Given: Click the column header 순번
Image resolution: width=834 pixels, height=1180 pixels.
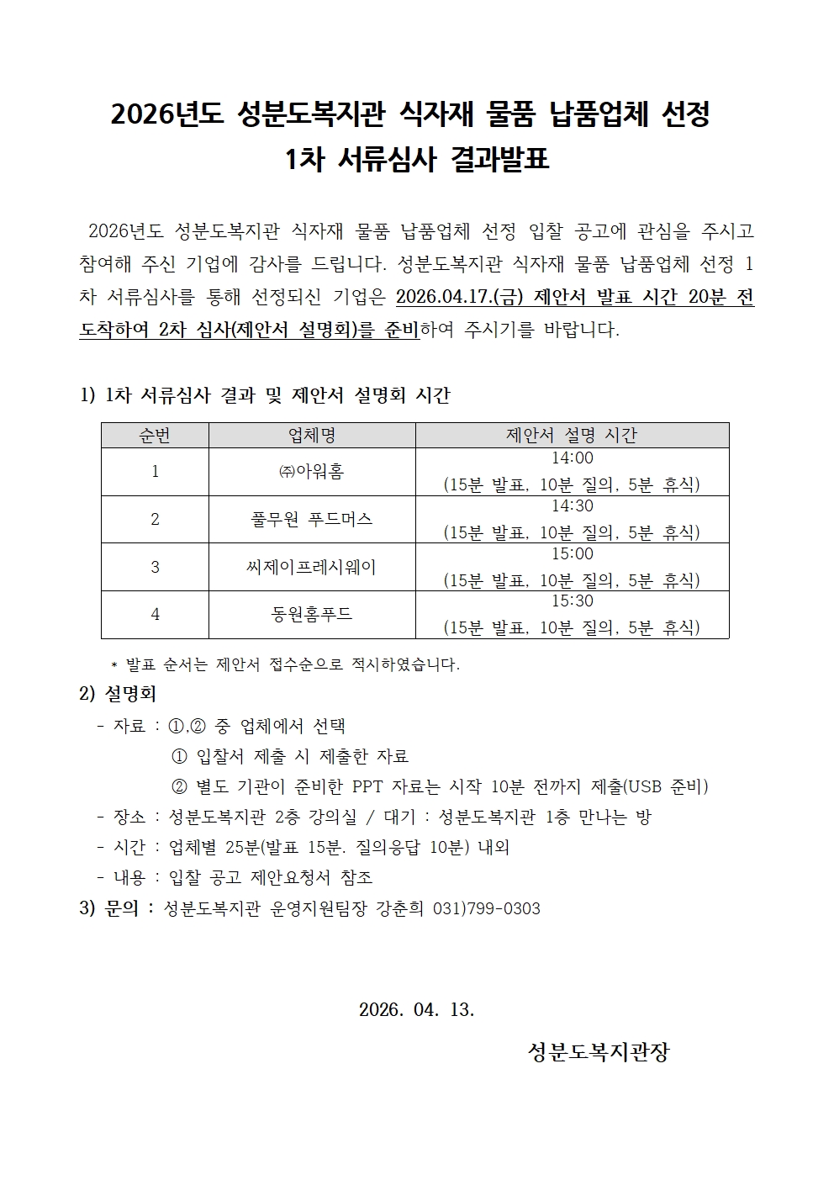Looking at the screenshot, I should [x=155, y=435].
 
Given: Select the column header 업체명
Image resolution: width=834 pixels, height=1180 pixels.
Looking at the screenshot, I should [x=312, y=435].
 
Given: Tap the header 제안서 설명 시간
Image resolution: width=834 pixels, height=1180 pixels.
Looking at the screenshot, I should [x=572, y=435].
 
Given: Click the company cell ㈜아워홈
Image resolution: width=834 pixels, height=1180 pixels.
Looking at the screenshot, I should [x=312, y=472].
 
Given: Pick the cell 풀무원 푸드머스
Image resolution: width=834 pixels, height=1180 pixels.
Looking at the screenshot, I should [x=312, y=519].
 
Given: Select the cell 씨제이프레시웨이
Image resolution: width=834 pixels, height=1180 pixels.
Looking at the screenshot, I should [x=312, y=567].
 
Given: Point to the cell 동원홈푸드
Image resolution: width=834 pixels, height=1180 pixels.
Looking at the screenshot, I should [x=312, y=615].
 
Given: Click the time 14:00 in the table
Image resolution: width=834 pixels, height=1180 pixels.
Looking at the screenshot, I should [x=572, y=458].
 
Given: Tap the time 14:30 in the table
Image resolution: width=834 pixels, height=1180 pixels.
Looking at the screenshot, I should [x=572, y=506].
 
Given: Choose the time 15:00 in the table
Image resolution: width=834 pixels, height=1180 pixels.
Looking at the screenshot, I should [x=572, y=554].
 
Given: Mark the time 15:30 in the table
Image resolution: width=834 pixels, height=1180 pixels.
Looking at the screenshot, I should [x=572, y=601].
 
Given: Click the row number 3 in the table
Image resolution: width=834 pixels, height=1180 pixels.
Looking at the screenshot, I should [x=155, y=567].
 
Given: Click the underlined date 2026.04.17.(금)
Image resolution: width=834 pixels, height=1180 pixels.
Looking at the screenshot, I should [x=460, y=298].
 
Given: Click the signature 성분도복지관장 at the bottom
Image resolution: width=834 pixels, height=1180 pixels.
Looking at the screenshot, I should [x=599, y=1052].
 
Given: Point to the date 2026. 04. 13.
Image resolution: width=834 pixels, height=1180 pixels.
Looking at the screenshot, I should [x=417, y=1009].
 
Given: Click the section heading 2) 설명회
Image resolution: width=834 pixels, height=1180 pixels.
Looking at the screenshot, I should [x=118, y=695].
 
